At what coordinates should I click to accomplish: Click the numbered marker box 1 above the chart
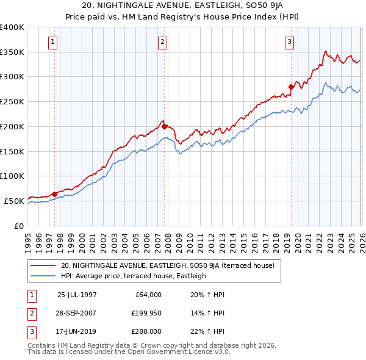point(53,42)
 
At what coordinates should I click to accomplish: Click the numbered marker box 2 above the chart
point(163,42)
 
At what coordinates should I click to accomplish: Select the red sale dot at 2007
point(164,126)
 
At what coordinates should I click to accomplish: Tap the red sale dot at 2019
point(291,87)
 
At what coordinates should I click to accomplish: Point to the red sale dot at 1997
point(54,194)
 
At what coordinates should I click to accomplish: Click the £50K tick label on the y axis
point(14,201)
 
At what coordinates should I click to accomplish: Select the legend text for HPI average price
point(134,276)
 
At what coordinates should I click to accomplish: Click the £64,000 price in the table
point(147,295)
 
